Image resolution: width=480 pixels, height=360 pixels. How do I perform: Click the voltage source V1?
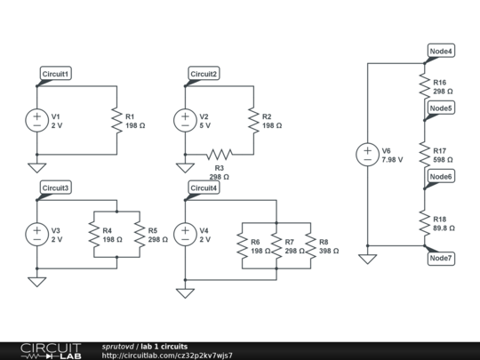tap(36, 120)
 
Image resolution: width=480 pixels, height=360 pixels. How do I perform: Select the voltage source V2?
tap(185, 120)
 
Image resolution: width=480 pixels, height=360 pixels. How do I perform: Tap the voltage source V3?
tap(36, 234)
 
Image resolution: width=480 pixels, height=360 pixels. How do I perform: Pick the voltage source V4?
tap(185, 234)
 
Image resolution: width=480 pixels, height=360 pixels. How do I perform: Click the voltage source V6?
tap(367, 155)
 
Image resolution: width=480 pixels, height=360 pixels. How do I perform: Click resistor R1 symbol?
tap(116, 120)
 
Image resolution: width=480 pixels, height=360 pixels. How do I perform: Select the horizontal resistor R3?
tap(219, 155)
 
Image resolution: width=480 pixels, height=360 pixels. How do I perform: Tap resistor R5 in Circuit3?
tap(139, 234)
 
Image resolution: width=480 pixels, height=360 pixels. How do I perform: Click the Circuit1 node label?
tap(56, 73)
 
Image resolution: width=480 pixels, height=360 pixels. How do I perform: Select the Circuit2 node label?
tap(204, 73)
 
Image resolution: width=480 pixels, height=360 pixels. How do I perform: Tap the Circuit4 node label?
tap(204, 188)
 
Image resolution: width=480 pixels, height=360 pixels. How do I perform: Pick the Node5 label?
tap(441, 108)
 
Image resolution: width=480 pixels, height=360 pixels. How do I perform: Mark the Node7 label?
tap(441, 258)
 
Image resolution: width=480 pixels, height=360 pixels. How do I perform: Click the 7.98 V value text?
tap(392, 160)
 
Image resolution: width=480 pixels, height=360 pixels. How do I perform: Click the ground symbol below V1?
tap(36, 168)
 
